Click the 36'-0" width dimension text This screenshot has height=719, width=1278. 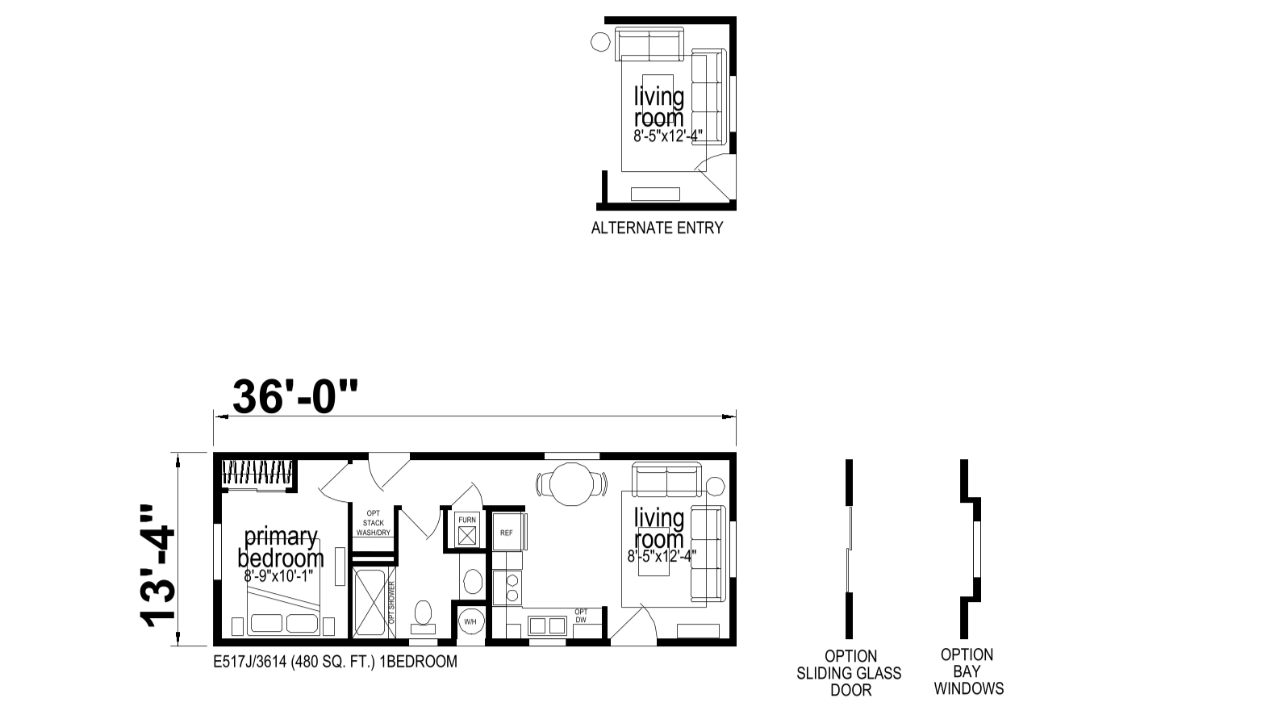click(295, 396)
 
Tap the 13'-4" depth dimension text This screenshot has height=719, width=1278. click(157, 566)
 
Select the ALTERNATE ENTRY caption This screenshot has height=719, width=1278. click(657, 228)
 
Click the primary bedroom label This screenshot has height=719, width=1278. click(281, 547)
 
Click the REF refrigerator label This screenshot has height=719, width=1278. click(507, 533)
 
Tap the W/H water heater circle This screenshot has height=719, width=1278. click(470, 621)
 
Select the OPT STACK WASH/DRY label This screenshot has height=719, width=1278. click(374, 523)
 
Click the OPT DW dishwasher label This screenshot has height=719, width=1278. click(581, 616)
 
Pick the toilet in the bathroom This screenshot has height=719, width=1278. click(423, 617)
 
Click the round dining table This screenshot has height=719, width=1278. click(572, 484)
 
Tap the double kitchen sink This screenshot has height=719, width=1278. click(547, 625)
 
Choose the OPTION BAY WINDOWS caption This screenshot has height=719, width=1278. click(968, 671)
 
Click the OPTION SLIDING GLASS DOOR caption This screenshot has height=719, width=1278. click(849, 673)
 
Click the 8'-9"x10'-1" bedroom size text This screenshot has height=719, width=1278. click(279, 576)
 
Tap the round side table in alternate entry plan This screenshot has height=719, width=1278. click(600, 42)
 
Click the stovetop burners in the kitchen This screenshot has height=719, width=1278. click(512, 587)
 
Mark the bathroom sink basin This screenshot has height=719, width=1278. click(473, 583)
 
